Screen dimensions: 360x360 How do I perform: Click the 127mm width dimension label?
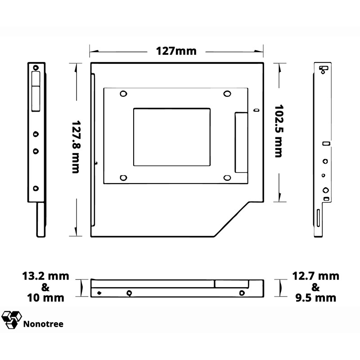(176, 50)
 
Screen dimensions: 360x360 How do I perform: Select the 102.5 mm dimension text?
(279, 131)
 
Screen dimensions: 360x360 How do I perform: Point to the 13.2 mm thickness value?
(46, 276)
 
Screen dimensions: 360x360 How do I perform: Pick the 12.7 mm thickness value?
(315, 276)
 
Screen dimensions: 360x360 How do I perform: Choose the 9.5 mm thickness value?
(315, 297)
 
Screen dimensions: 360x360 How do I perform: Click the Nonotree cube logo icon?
(11, 319)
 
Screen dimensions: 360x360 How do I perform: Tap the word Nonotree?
(43, 324)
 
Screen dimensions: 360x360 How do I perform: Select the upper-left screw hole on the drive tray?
(123, 94)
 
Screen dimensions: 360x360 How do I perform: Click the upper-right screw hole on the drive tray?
(227, 94)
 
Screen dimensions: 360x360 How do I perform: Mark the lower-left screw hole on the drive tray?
(123, 177)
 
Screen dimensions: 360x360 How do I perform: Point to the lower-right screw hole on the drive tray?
(227, 177)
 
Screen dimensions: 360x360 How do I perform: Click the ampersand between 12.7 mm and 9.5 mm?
(315, 287)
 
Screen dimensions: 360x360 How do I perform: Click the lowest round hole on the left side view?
(36, 189)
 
